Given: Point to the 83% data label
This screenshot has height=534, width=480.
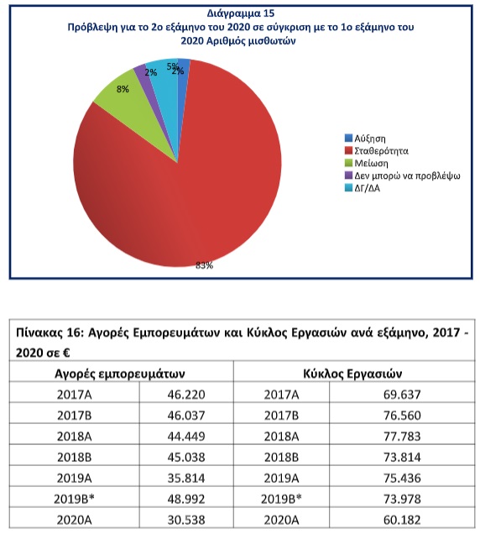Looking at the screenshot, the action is (x=204, y=265).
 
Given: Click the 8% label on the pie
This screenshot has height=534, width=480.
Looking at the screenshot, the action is (x=123, y=89).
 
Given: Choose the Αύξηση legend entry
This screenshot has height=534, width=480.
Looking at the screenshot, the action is (x=365, y=139).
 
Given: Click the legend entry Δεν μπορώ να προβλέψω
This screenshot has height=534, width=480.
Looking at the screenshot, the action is (x=403, y=175).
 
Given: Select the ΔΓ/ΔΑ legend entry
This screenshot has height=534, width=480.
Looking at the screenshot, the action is (x=363, y=188).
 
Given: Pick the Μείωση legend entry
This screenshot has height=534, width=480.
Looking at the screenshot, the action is (x=367, y=163).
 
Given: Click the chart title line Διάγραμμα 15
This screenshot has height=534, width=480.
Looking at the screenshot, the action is (x=241, y=13).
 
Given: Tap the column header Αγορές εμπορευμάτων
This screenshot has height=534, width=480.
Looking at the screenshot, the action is (x=120, y=374).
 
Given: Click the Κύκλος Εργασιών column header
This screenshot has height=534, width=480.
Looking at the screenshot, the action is (x=352, y=374).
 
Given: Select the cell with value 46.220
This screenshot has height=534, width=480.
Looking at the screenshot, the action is (x=186, y=395).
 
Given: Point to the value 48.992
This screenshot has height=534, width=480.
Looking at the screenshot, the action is (x=186, y=499).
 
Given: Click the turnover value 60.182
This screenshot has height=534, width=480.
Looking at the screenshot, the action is (x=402, y=520).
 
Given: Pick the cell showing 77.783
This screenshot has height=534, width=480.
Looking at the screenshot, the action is (x=402, y=437).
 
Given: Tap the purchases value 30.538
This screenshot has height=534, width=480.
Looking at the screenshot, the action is (x=186, y=520).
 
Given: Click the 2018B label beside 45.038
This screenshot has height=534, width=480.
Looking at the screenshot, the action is (x=74, y=457).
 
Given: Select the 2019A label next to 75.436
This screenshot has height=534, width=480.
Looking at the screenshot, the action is (x=281, y=478).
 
